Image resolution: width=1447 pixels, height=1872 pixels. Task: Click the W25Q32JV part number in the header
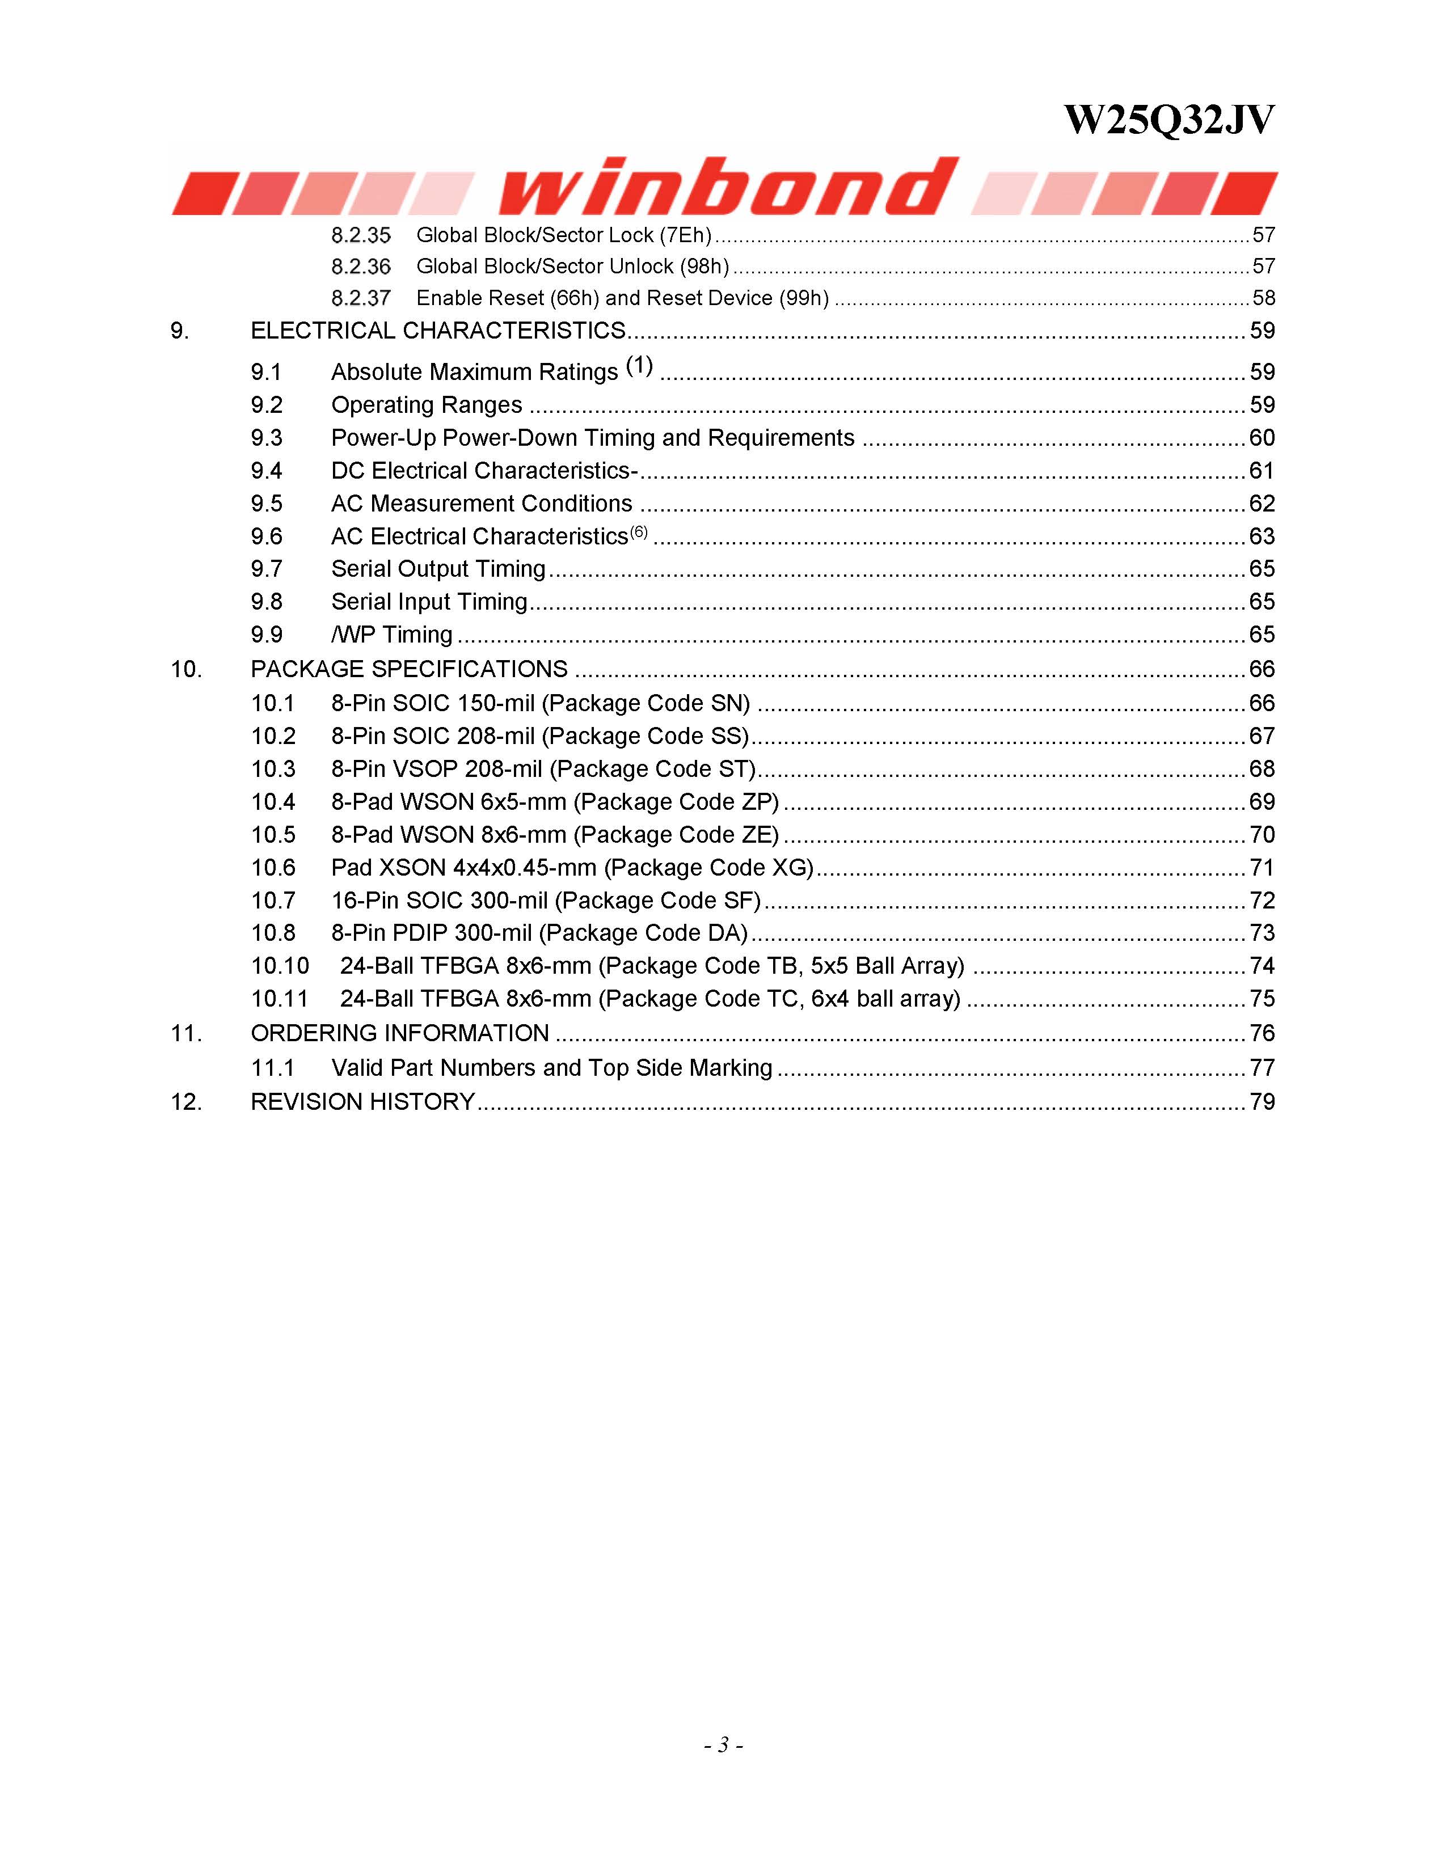[x=1168, y=120]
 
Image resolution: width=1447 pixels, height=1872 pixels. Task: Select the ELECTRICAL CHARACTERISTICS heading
[x=437, y=331]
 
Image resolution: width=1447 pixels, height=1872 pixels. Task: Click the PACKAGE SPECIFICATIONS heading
[x=409, y=669]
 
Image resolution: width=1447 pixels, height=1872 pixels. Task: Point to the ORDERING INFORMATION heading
[x=399, y=1034]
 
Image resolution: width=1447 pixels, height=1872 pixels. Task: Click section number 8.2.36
[x=361, y=267]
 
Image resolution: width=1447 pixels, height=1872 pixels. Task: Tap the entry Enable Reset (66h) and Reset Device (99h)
[x=622, y=298]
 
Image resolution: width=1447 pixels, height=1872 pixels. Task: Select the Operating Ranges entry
[x=426, y=405]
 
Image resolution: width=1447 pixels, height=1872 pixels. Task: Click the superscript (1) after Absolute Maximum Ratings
[x=639, y=366]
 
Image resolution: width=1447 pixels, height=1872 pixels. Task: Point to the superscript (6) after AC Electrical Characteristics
[x=639, y=533]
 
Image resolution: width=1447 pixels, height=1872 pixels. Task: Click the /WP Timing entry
[x=392, y=635]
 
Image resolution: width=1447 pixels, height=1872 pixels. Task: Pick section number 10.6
[x=273, y=868]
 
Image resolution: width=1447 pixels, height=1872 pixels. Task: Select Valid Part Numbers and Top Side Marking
[x=551, y=1068]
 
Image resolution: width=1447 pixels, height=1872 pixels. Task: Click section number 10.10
[x=280, y=966]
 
